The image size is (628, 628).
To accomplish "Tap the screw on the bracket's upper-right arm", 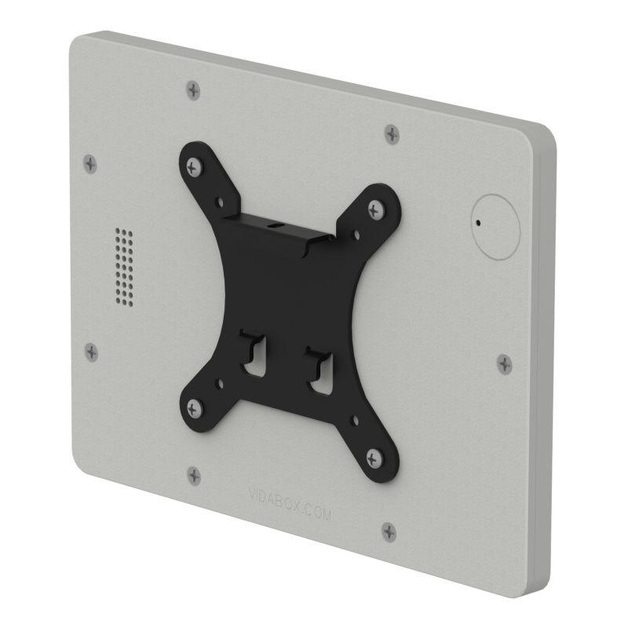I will click(374, 207).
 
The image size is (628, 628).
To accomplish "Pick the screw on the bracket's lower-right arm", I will click(373, 455).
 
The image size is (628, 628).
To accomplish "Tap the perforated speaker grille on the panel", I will click(123, 265).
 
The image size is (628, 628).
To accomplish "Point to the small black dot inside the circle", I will click(476, 222).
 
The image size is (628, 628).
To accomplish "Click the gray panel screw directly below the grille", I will click(92, 352).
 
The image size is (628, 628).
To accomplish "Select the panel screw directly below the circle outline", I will click(504, 363).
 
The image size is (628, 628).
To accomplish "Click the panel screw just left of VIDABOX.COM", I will click(194, 475).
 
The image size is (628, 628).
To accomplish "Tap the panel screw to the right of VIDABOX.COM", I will click(389, 531).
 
